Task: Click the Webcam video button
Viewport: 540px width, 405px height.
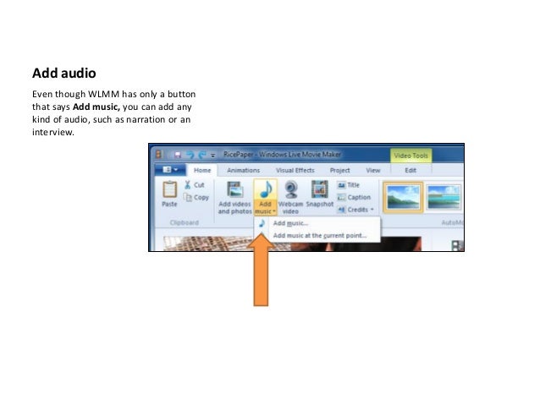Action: [x=290, y=196]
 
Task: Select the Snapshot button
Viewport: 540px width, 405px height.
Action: [x=319, y=195]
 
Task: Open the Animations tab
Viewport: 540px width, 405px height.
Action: [x=244, y=170]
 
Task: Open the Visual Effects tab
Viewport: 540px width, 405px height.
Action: [x=295, y=170]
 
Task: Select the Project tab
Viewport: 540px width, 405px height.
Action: [x=340, y=170]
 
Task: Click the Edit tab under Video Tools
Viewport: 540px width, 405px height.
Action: [x=411, y=170]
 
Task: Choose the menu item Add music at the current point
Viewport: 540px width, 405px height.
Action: [x=319, y=235]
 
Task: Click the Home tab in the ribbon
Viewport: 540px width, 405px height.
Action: [x=202, y=170]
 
